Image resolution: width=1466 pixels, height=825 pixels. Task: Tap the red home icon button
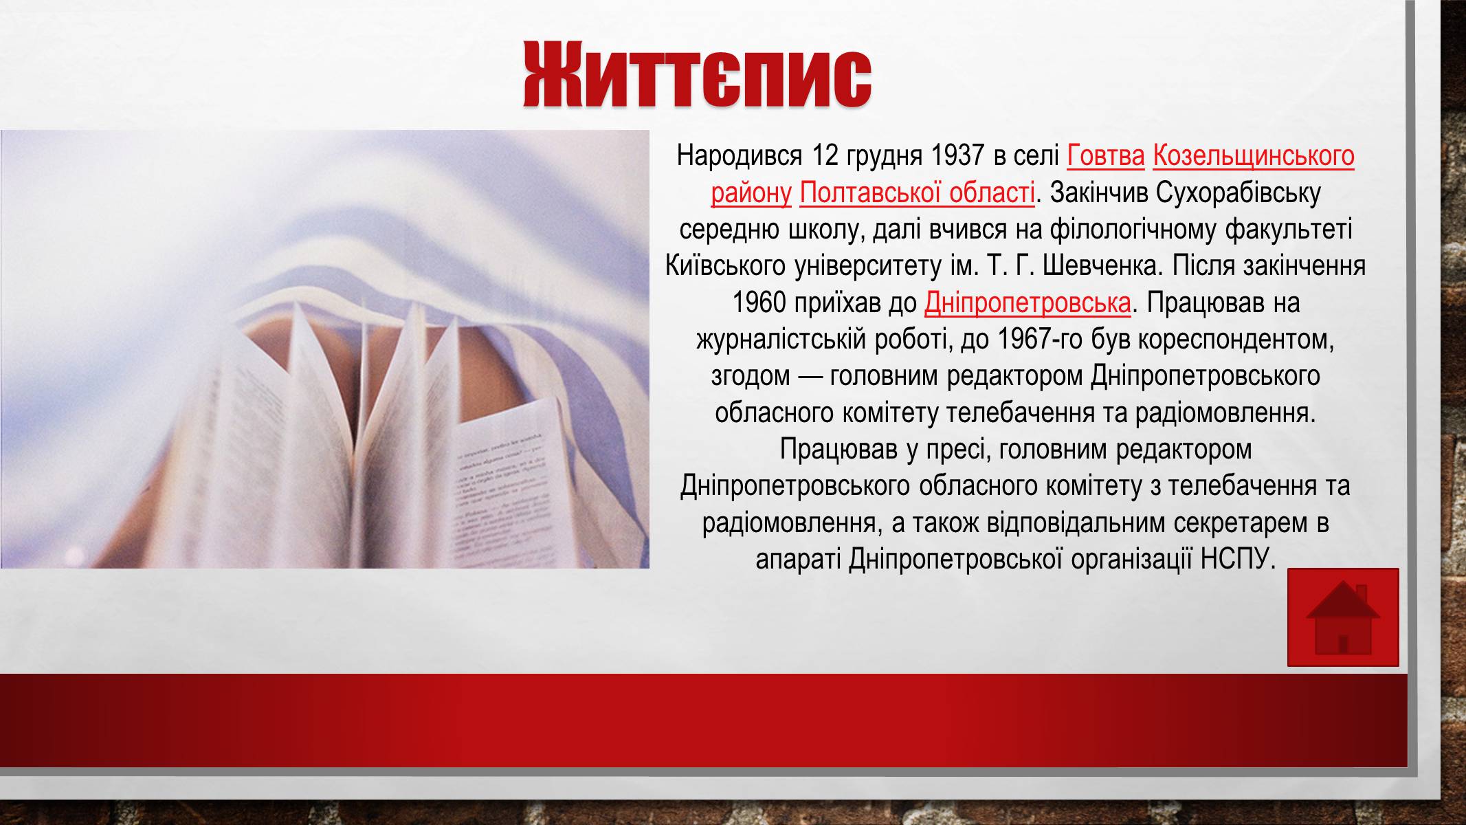point(1343,617)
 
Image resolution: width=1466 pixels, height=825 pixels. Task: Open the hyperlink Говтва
point(1106,156)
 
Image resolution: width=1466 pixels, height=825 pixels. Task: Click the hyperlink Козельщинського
point(1254,156)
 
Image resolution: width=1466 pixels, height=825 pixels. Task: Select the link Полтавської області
point(917,193)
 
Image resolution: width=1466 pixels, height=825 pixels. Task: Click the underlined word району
point(751,193)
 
